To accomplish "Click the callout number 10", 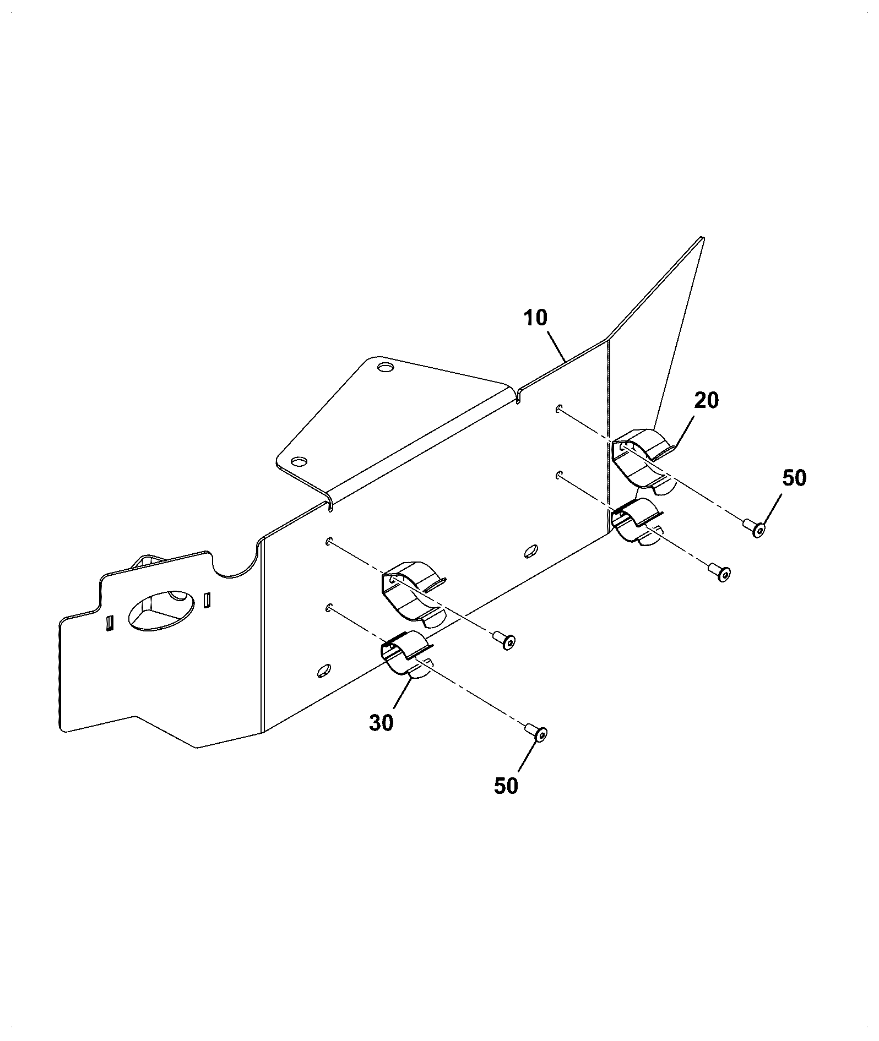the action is [x=535, y=318].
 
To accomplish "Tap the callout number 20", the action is [x=707, y=400].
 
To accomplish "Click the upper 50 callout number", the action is [x=794, y=478].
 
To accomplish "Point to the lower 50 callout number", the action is [x=506, y=786].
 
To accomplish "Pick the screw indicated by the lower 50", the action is [x=536, y=732].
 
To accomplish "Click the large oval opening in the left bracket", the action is [x=161, y=610].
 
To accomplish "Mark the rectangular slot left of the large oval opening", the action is [x=109, y=623].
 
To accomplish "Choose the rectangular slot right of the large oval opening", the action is [x=207, y=599].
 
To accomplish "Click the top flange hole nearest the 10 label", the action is [x=384, y=366].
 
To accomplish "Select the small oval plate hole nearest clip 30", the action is [x=324, y=670].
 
